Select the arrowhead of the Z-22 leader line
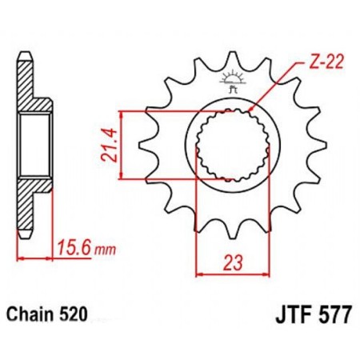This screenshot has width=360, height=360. coord(252,107)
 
